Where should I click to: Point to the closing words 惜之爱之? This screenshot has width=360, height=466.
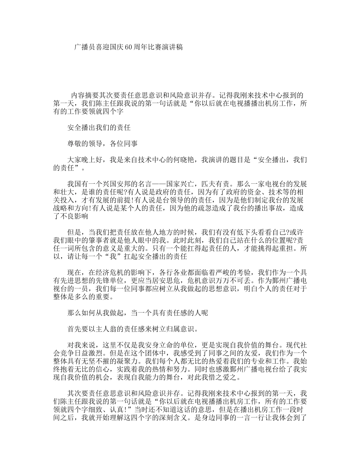229,377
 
